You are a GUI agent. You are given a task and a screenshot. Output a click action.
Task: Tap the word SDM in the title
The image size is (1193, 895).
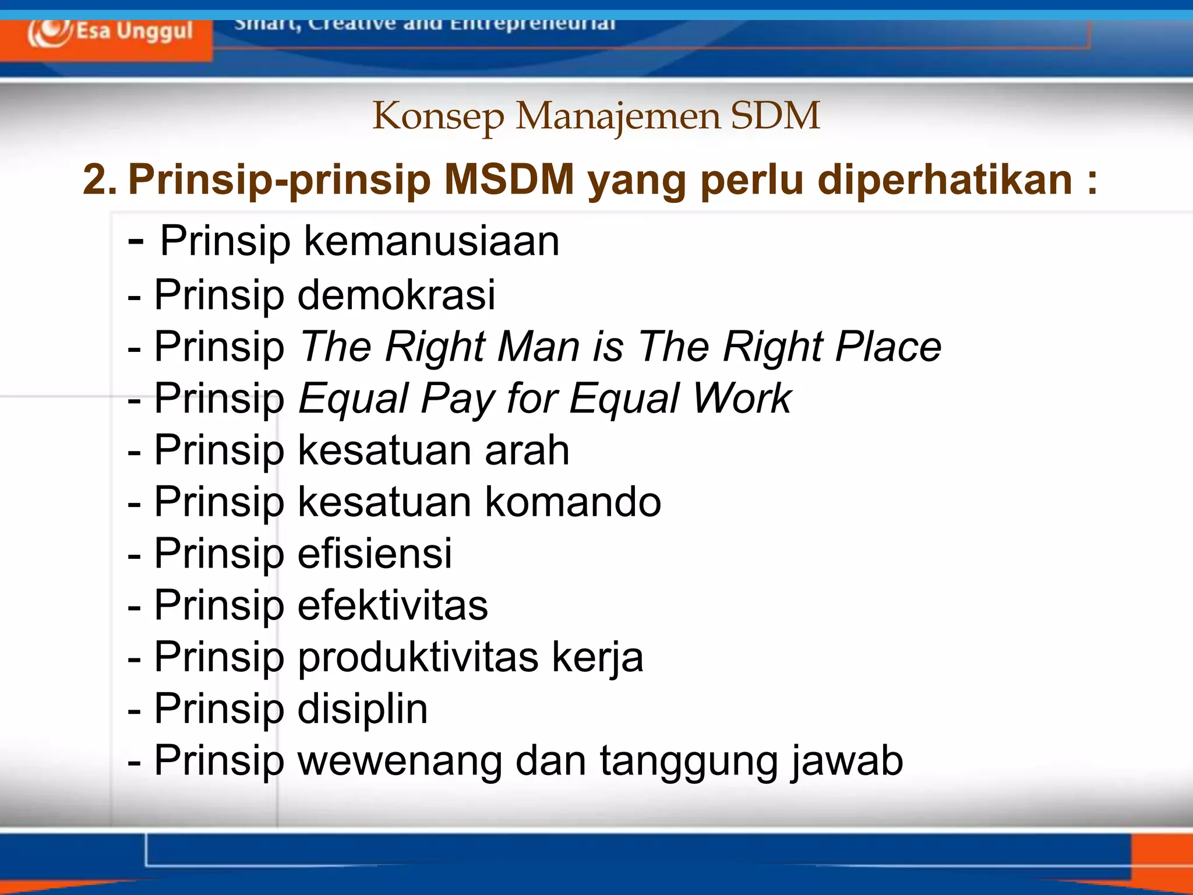pos(775,115)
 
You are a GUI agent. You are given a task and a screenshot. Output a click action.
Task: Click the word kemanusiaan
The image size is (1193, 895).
pos(431,241)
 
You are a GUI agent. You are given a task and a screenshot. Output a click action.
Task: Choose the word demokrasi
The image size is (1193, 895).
pos(397,294)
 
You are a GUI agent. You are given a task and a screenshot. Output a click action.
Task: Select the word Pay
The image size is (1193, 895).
pos(457,399)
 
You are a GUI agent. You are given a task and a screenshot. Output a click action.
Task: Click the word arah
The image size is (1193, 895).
pos(527,450)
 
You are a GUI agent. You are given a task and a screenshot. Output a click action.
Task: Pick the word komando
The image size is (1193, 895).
pos(573,502)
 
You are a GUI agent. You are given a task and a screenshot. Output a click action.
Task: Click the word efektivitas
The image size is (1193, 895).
pos(393,605)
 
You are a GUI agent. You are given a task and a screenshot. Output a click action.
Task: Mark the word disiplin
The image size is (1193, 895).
pos(362,709)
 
